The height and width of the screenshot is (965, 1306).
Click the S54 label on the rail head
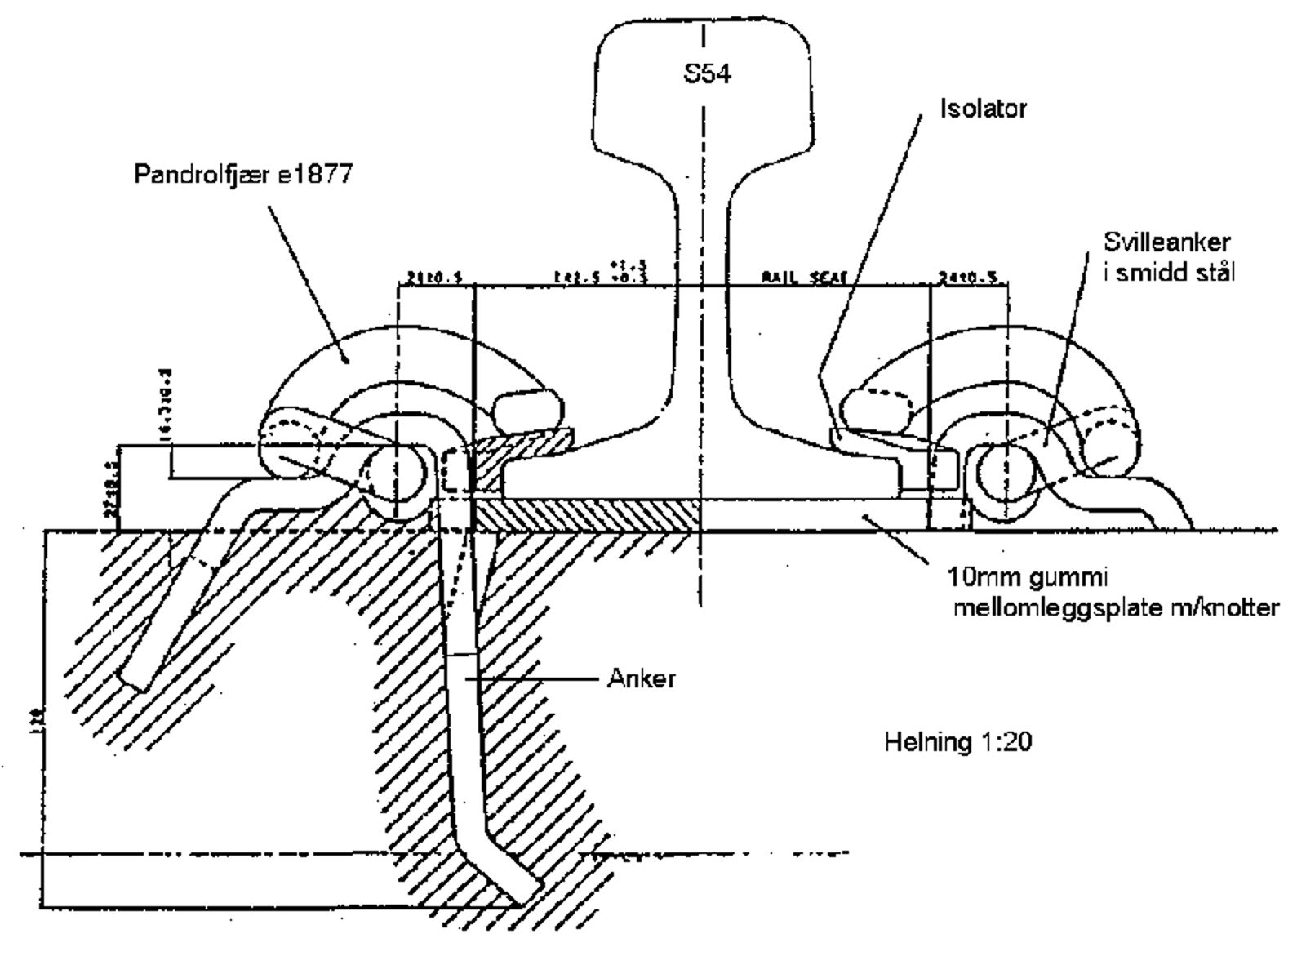click(x=707, y=75)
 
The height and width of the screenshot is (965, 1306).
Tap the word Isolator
click(x=983, y=109)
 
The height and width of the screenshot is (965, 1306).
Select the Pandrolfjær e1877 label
click(x=243, y=175)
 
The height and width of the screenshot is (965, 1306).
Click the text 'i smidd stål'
click(x=1169, y=272)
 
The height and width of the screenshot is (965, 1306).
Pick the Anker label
click(x=641, y=678)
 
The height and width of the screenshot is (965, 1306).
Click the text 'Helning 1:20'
click(x=958, y=742)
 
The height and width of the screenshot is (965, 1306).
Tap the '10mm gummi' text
click(x=1026, y=578)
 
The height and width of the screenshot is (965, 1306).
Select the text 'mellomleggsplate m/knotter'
click(x=1115, y=608)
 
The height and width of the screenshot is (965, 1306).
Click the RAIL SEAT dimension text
click(x=805, y=278)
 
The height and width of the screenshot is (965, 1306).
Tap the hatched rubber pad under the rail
click(x=588, y=516)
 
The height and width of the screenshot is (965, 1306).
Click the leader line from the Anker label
click(x=539, y=678)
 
